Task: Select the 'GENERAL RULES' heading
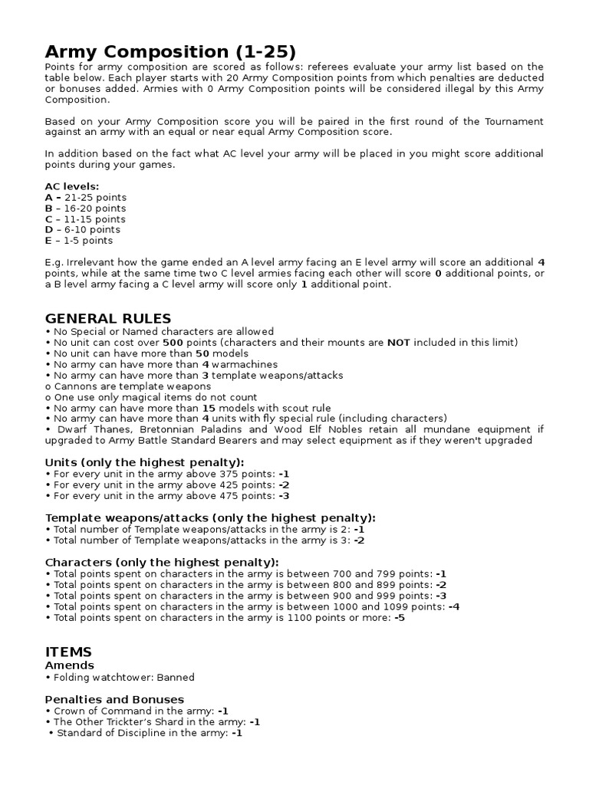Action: click(108, 318)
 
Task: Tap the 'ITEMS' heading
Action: click(68, 652)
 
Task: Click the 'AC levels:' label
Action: click(71, 186)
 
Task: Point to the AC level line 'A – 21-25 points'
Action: click(85, 197)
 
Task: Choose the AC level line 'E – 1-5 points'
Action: click(80, 240)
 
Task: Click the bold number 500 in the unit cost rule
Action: click(174, 342)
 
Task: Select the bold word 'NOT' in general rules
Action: click(398, 342)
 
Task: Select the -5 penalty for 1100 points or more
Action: click(399, 617)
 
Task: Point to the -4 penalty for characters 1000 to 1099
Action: click(454, 606)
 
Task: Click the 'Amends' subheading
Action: click(70, 665)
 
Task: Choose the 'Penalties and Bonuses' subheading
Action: click(114, 699)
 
